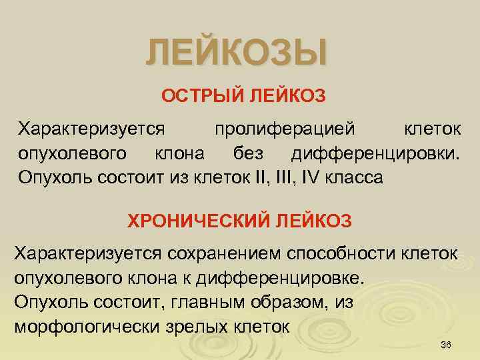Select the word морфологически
pyautogui.click(x=79, y=327)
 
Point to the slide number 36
pyautogui.click(x=447, y=344)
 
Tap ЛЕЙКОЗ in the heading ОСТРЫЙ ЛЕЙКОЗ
pyautogui.click(x=288, y=97)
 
